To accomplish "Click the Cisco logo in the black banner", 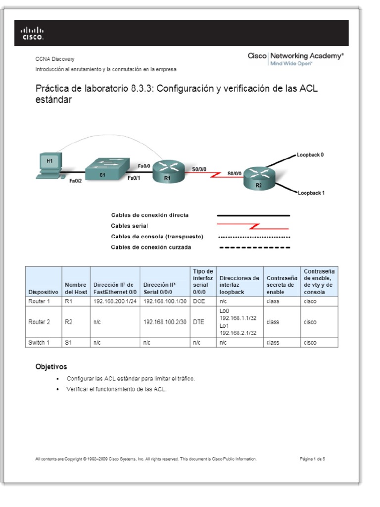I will click(x=32, y=34).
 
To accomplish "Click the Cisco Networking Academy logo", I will click(x=295, y=58).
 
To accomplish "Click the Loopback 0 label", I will click(x=310, y=155).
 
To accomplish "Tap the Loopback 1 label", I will click(x=311, y=193).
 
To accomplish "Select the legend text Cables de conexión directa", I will click(x=149, y=215).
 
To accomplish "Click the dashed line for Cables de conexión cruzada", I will click(x=254, y=247).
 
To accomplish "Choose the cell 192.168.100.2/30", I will click(x=165, y=322).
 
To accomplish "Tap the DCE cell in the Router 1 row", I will click(x=198, y=301).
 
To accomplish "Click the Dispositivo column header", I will click(x=43, y=292).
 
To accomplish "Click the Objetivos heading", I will click(x=51, y=367).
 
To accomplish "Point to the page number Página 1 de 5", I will click(x=312, y=459).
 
